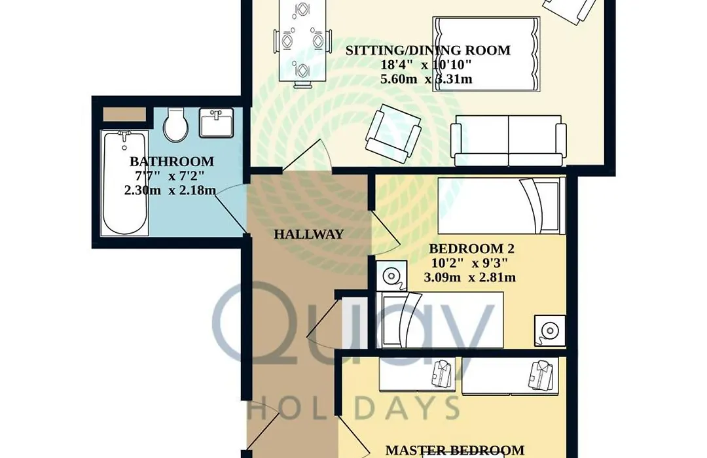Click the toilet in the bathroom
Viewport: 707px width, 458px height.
175,123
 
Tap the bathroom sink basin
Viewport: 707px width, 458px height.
217,123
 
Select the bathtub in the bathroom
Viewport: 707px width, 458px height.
124,183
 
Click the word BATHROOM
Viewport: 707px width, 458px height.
172,162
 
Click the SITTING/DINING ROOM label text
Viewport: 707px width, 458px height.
428,50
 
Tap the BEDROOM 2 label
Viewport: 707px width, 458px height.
471,249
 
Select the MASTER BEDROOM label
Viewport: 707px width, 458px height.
455,450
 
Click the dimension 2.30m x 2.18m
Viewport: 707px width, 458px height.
170,190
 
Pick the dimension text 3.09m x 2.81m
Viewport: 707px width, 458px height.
470,277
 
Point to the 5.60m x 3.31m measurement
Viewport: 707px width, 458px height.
427,79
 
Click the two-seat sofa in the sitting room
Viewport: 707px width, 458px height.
508,140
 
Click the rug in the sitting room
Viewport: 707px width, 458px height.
486,54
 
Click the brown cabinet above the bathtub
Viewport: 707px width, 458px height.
124,114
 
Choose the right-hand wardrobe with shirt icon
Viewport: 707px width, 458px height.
510,376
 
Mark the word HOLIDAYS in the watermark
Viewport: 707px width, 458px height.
354,408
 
